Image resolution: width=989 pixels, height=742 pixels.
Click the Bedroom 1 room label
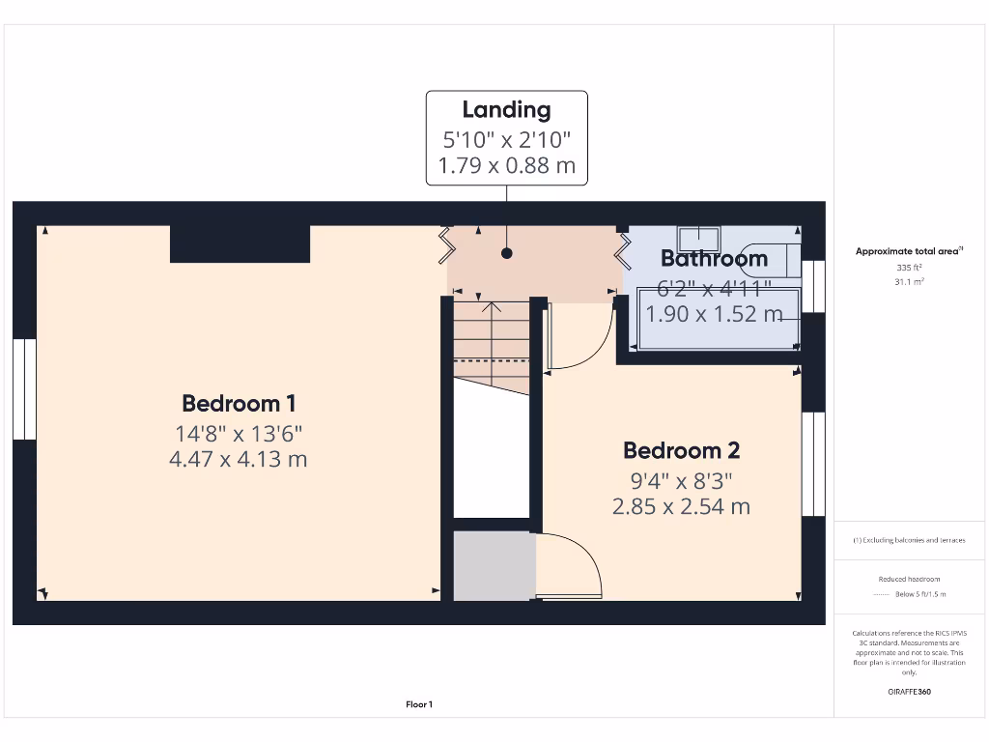(239, 403)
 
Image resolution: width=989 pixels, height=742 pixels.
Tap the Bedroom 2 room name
(681, 450)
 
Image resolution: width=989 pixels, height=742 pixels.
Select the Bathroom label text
(714, 258)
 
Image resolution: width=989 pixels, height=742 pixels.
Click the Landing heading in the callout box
(506, 110)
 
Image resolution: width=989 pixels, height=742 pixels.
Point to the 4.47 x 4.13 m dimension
(239, 459)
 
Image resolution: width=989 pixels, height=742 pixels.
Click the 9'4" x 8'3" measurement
(681, 480)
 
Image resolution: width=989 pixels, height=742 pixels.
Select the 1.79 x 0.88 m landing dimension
(506, 165)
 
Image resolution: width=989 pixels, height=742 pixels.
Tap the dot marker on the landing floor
(506, 254)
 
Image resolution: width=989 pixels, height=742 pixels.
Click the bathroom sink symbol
(697, 237)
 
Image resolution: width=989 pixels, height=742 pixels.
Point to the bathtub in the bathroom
(718, 317)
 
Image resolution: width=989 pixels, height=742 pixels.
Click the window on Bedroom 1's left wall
(24, 388)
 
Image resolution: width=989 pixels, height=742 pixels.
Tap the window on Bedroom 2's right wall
(814, 464)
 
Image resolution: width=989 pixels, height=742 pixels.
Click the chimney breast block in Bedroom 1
(240, 244)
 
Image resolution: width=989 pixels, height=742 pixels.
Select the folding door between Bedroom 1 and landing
(446, 245)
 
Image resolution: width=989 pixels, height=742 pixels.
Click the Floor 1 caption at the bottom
(419, 705)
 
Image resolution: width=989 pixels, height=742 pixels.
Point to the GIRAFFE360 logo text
(909, 692)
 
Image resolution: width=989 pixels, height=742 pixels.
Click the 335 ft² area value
(909, 268)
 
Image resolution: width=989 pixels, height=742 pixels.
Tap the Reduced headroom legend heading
(909, 579)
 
